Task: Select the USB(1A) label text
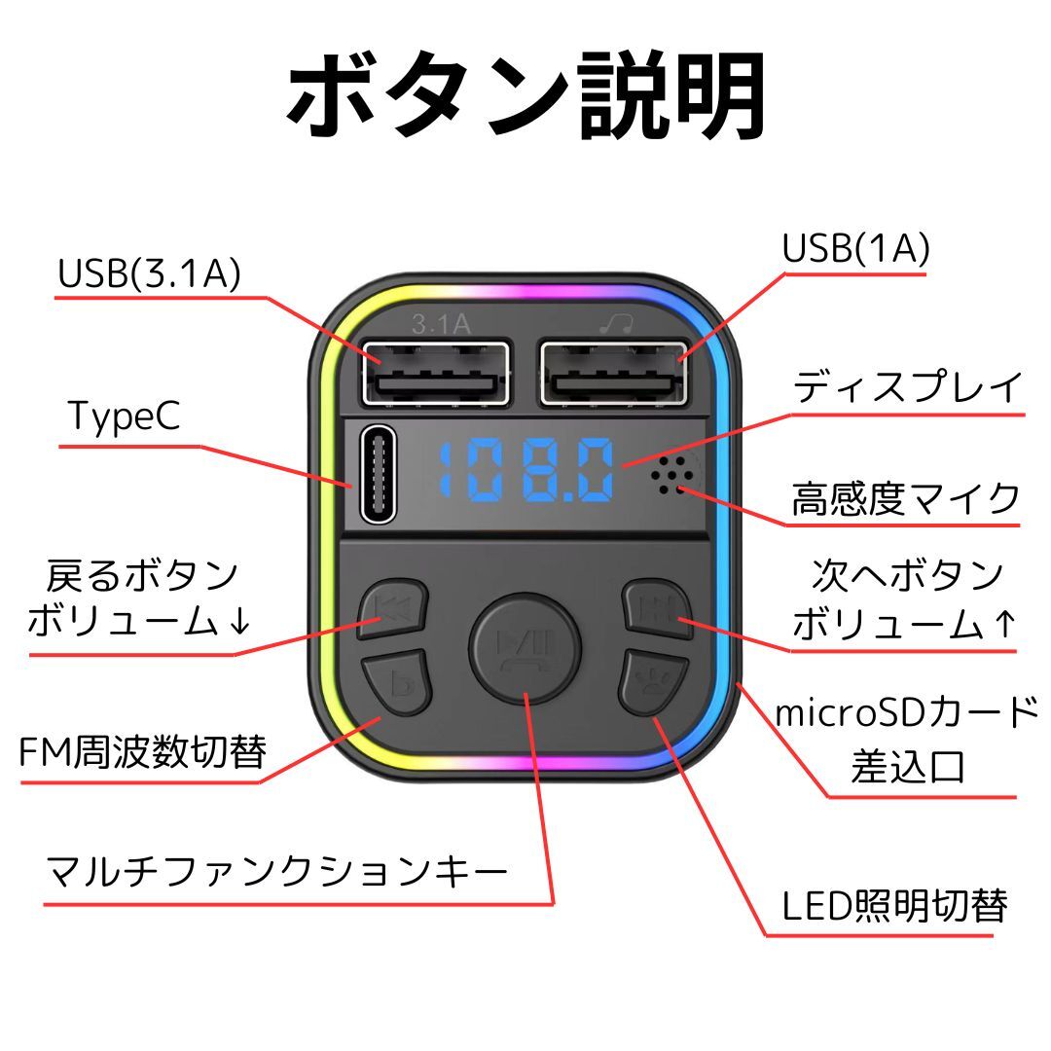(856, 249)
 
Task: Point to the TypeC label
(124, 416)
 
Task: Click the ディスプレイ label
(908, 387)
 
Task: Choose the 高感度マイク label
(906, 498)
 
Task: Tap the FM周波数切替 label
(143, 751)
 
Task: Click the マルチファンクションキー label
(276, 869)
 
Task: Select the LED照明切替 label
(894, 906)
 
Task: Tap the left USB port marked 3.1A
(436, 373)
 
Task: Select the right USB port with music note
(613, 373)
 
